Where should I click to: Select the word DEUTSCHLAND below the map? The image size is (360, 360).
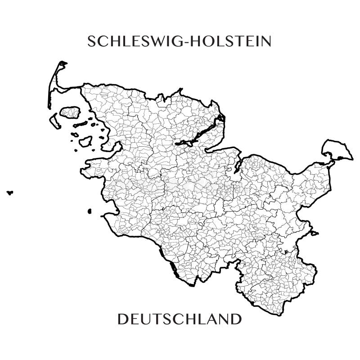(x=180, y=320)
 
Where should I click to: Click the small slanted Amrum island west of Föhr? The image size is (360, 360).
(x=55, y=120)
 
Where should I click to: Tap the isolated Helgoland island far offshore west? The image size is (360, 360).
(x=9, y=193)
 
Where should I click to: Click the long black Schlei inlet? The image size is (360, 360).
(x=200, y=133)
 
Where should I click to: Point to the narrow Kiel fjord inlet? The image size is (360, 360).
(x=237, y=167)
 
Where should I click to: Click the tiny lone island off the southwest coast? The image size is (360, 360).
(x=90, y=211)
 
